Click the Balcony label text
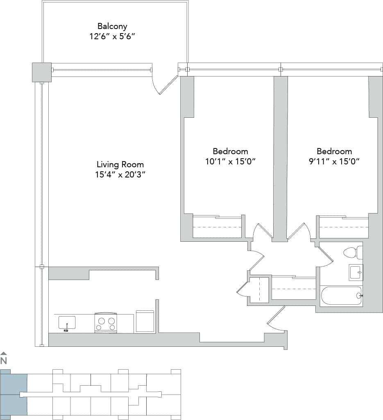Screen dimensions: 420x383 tap(112, 26)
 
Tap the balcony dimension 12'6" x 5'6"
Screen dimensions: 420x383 tap(112, 36)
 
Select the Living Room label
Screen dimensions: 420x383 tap(120, 164)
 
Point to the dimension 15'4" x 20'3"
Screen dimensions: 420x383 tap(120, 175)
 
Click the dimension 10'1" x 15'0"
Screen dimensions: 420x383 tap(230, 161)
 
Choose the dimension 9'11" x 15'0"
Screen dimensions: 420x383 tap(334, 161)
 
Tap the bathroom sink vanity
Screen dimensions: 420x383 tap(356, 272)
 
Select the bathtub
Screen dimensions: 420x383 tap(341, 295)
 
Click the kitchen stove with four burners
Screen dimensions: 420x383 tap(106, 323)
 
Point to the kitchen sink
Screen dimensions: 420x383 tap(66, 323)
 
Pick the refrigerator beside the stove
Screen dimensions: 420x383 tap(145, 321)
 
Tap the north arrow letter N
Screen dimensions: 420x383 tap(4, 361)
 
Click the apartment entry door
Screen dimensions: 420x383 tap(276, 319)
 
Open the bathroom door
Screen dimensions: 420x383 tap(326, 256)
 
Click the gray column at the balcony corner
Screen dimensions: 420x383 tap(42, 72)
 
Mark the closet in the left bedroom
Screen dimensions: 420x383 tap(217, 227)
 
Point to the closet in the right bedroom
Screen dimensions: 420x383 tap(344, 227)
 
